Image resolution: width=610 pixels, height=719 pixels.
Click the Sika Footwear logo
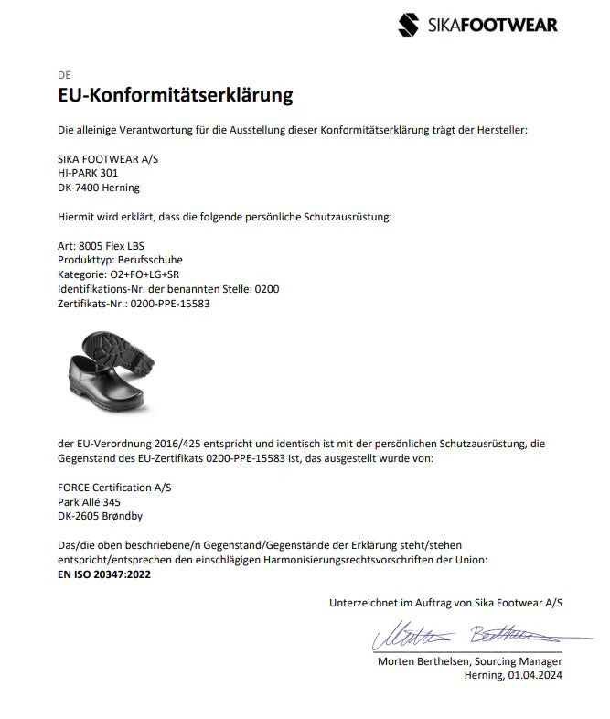tap(477, 25)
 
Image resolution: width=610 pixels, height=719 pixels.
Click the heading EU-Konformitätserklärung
tap(175, 95)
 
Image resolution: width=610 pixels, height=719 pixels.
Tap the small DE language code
tap(63, 74)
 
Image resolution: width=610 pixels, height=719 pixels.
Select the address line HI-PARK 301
tap(88, 172)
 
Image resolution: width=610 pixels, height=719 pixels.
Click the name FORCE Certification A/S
tap(113, 488)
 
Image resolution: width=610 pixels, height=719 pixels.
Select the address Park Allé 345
tap(89, 501)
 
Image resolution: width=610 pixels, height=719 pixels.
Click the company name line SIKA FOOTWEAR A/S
tap(107, 158)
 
